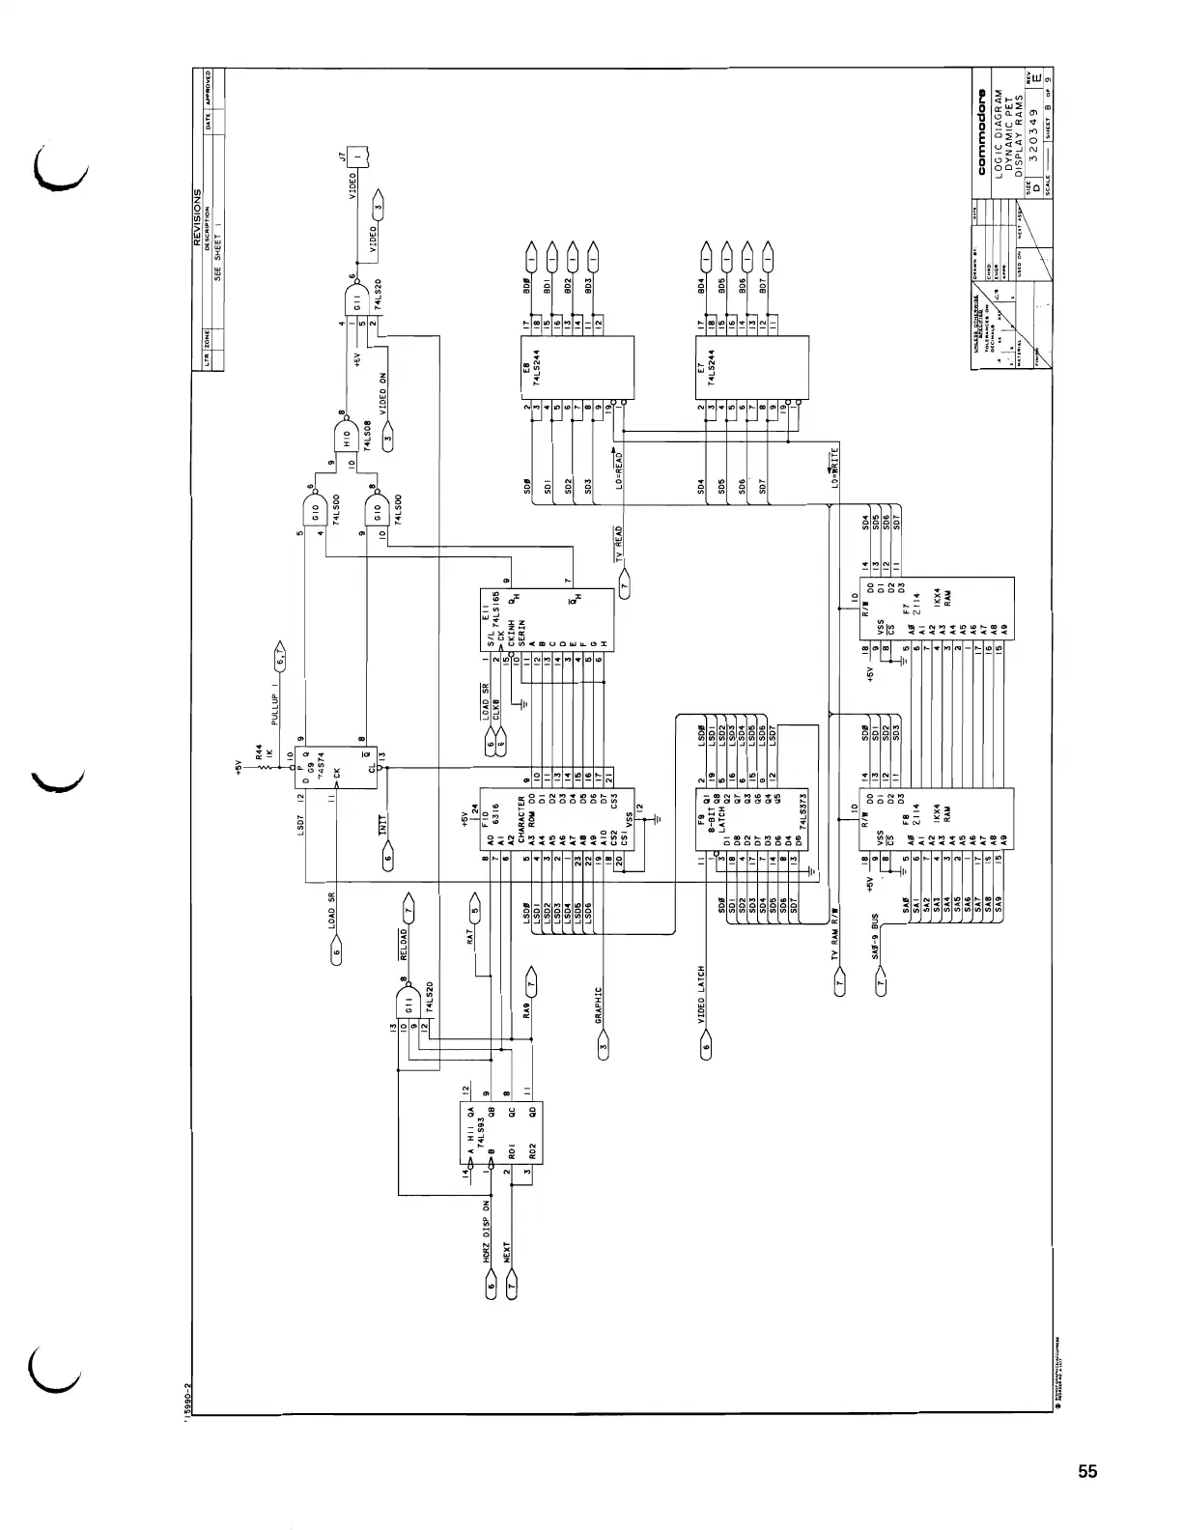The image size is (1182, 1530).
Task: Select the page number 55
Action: (x=1087, y=1472)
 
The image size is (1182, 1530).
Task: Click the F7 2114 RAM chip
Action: (x=937, y=619)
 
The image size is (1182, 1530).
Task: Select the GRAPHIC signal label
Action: (x=598, y=1005)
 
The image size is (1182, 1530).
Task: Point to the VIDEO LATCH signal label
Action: (x=701, y=995)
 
